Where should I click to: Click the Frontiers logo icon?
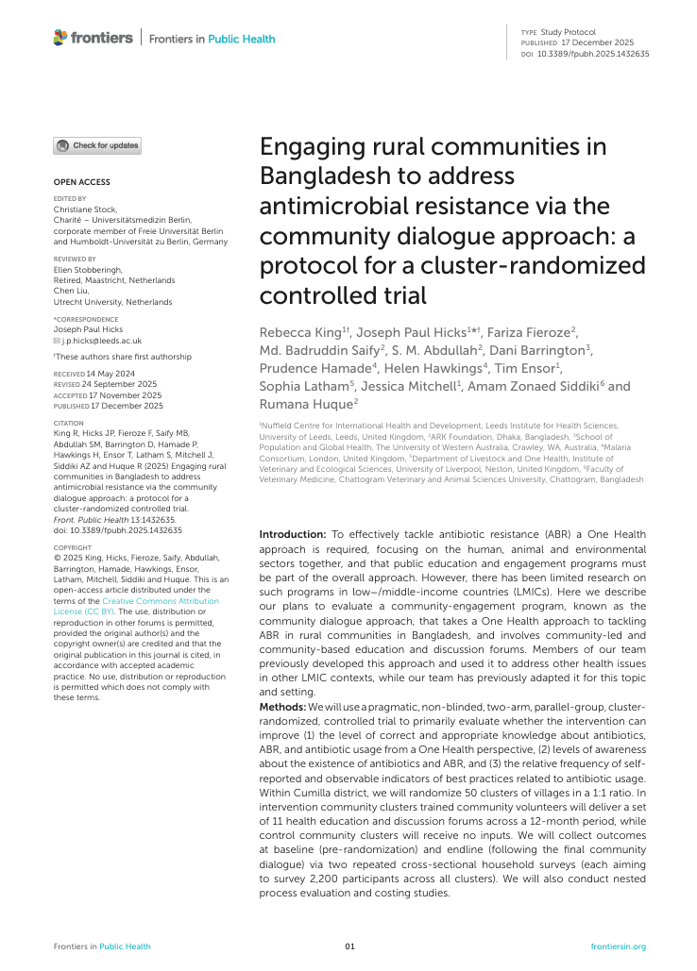click(60, 38)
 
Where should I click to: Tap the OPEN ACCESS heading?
click(81, 182)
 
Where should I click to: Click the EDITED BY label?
click(69, 198)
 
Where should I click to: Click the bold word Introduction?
click(292, 534)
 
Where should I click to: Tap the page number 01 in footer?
click(348, 946)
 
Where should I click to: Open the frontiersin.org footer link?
click(618, 946)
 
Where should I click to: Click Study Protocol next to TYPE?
click(569, 33)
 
